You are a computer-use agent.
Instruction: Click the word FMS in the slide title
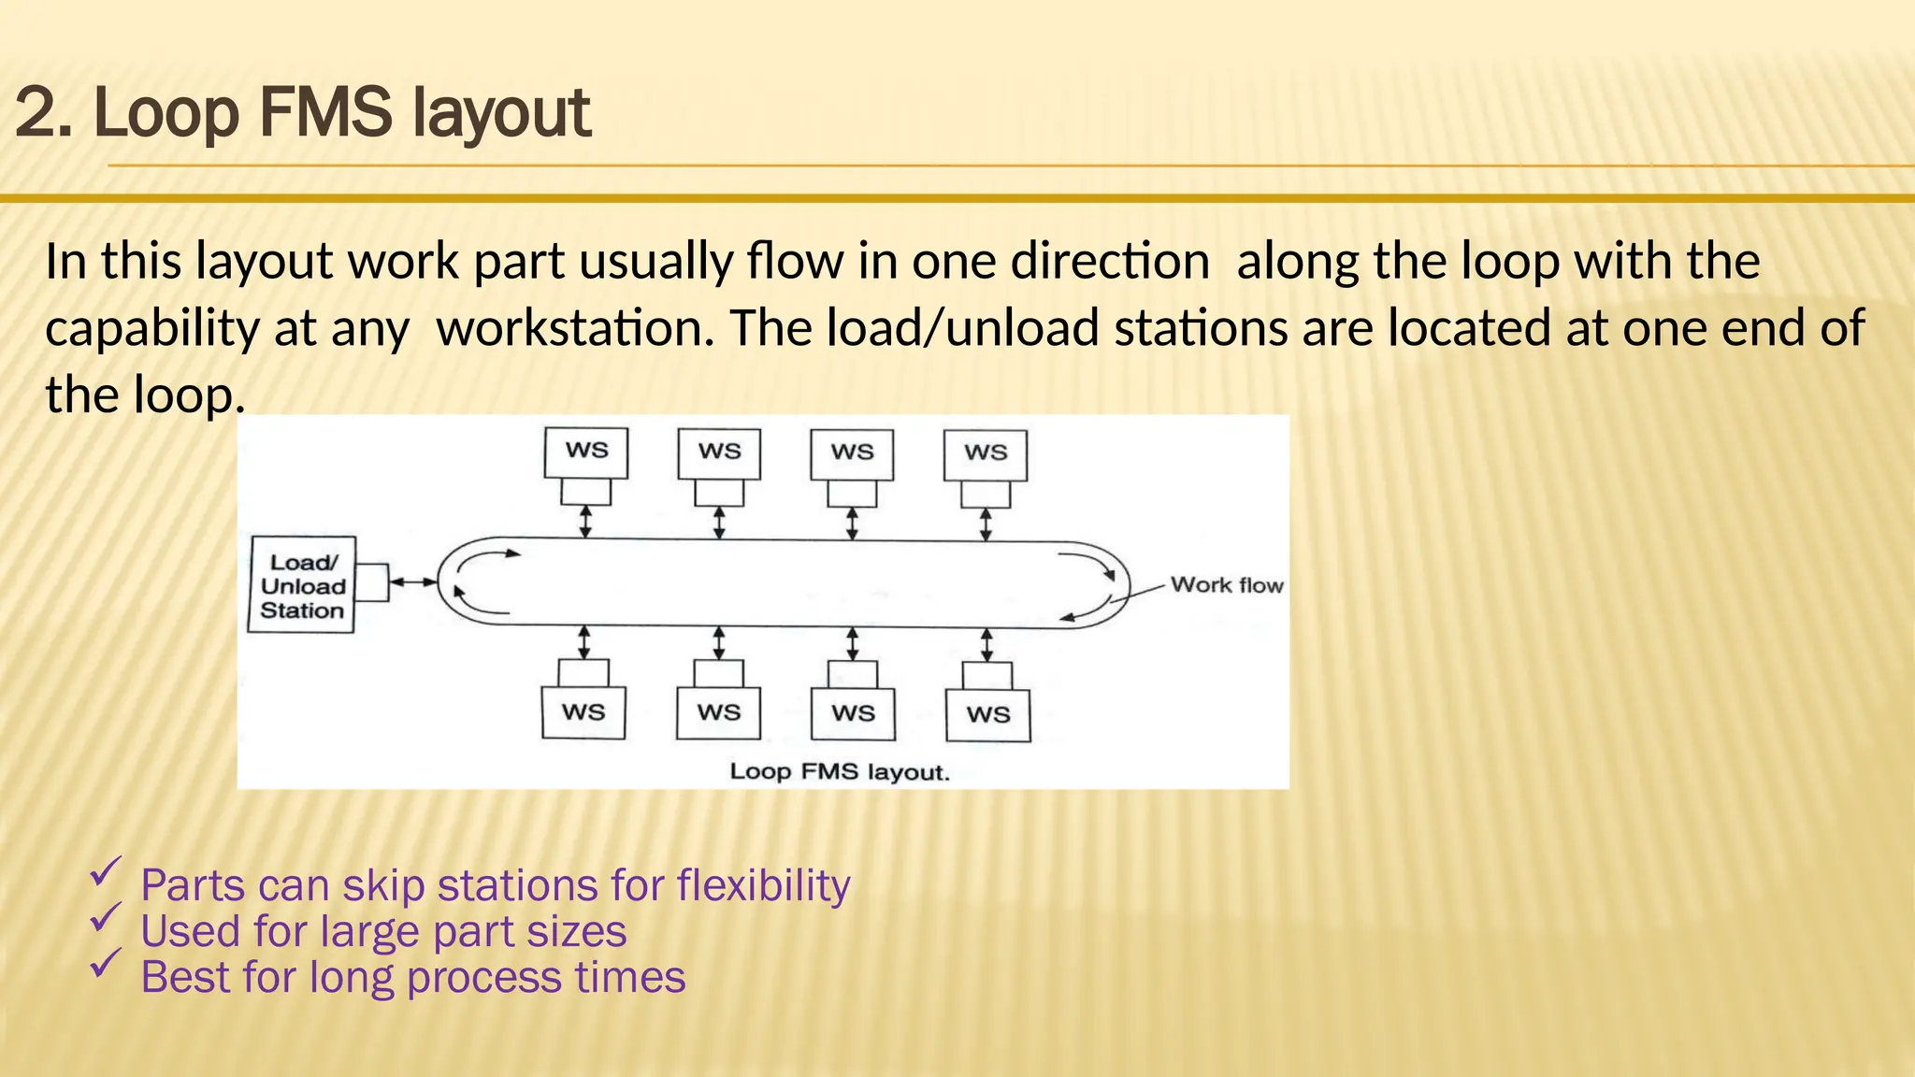pyautogui.click(x=325, y=113)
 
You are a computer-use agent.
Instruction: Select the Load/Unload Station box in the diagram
pyautogui.click(x=302, y=585)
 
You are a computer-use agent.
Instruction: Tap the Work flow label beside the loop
pyautogui.click(x=1226, y=585)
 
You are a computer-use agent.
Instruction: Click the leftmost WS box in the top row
pyautogui.click(x=586, y=452)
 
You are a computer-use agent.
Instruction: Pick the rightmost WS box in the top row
pyautogui.click(x=986, y=453)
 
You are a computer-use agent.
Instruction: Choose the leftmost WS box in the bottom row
pyautogui.click(x=583, y=712)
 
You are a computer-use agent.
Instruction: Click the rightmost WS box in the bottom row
pyautogui.click(x=988, y=714)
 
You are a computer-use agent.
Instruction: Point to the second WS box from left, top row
pyautogui.click(x=719, y=452)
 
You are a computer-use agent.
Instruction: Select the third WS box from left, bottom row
pyautogui.click(x=853, y=713)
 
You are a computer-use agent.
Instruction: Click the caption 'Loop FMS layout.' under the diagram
pyautogui.click(x=839, y=772)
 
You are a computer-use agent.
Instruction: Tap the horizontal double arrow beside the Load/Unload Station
pyautogui.click(x=412, y=582)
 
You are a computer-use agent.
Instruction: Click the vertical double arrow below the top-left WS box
pyautogui.click(x=585, y=522)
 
